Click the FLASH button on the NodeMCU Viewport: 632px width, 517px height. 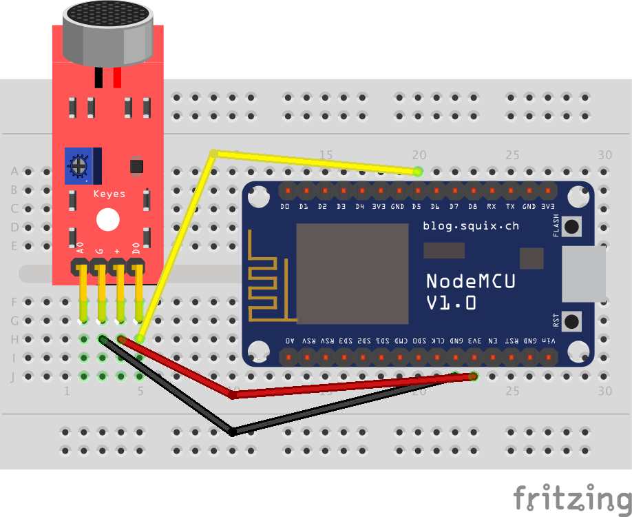pyautogui.click(x=571, y=225)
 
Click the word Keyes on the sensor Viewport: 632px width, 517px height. pyautogui.click(x=109, y=194)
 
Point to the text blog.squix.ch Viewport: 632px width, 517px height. pyautogui.click(x=471, y=225)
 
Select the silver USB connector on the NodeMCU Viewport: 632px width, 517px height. pyautogui.click(x=584, y=275)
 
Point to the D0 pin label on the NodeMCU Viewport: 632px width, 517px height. pyautogui.click(x=285, y=206)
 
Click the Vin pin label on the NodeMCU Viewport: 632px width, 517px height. pyautogui.click(x=549, y=341)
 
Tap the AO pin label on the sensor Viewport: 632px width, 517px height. pyautogui.click(x=81, y=248)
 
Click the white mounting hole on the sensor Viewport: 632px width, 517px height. pyautogui.click(x=107, y=220)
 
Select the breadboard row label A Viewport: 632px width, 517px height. pyautogui.click(x=14, y=171)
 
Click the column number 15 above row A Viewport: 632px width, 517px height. pyautogui.click(x=326, y=155)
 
